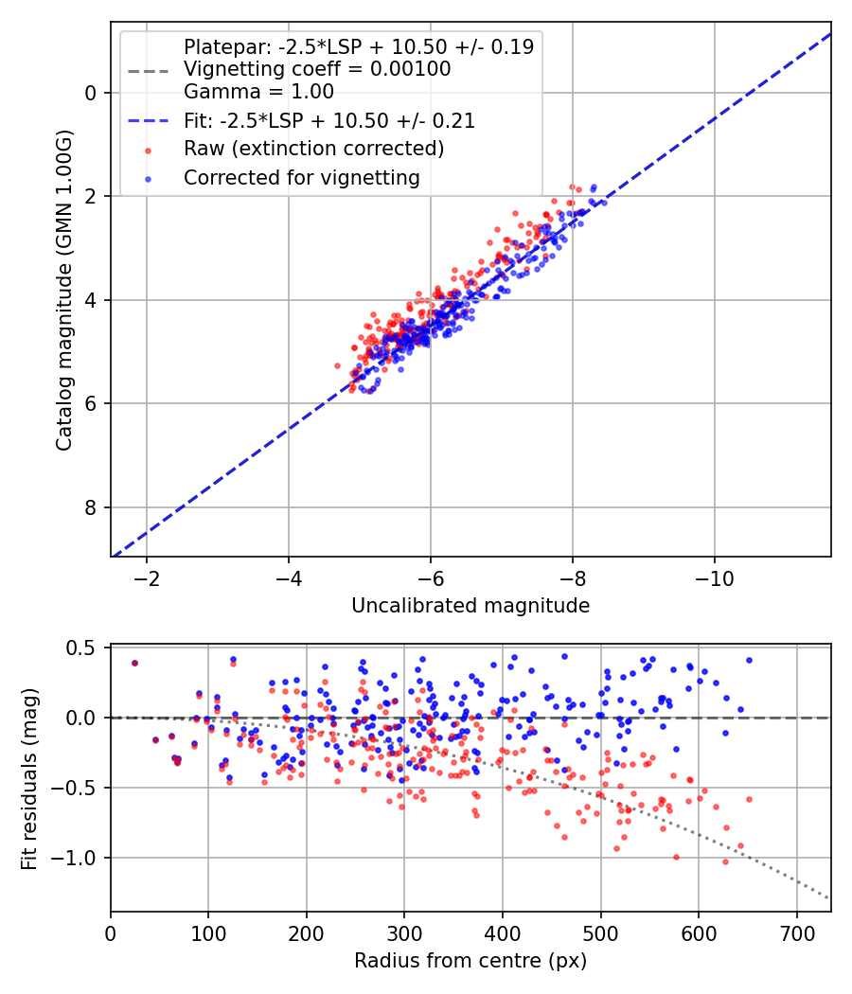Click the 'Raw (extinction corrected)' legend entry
(x=313, y=149)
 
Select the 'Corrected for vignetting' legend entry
(x=301, y=177)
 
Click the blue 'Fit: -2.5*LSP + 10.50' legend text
(x=328, y=120)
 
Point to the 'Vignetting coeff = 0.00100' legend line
(x=317, y=69)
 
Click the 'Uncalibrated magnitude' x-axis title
(x=470, y=606)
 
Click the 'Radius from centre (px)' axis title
(x=470, y=961)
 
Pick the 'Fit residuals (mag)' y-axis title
(x=29, y=779)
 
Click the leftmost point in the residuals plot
(x=134, y=663)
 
